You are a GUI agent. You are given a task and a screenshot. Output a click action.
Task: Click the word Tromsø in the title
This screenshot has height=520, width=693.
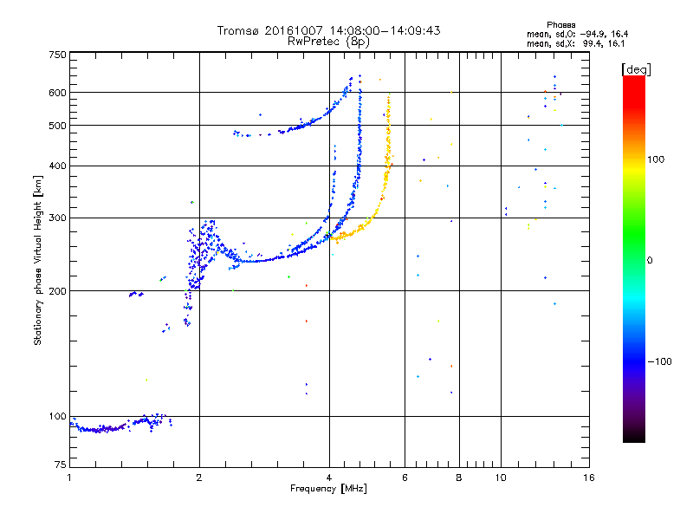(239, 30)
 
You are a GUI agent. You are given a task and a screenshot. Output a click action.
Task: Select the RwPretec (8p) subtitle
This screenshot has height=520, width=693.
(328, 42)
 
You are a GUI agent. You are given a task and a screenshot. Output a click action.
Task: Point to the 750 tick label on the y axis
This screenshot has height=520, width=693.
(57, 55)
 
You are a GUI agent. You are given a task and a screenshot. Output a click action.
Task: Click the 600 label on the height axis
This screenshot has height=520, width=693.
(57, 93)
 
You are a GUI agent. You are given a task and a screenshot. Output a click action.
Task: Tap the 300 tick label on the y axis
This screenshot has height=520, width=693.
(57, 218)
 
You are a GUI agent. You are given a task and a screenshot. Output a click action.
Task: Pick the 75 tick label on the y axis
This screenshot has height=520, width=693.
(61, 465)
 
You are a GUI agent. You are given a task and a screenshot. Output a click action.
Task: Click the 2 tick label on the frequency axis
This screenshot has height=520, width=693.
(199, 478)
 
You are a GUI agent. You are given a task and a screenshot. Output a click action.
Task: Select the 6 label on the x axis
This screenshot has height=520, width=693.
(405, 478)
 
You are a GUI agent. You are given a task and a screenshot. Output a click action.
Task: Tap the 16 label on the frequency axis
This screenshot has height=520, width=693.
(589, 478)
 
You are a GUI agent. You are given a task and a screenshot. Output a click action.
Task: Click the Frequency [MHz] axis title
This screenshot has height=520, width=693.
(328, 489)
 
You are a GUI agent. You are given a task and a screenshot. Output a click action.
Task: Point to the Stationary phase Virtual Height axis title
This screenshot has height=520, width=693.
(38, 260)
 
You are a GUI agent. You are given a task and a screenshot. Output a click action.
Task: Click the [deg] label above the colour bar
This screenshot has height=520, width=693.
(636, 69)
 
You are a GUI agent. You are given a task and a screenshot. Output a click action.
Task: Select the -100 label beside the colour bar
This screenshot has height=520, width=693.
(659, 361)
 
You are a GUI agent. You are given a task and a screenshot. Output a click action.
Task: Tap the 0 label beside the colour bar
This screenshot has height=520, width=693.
(650, 260)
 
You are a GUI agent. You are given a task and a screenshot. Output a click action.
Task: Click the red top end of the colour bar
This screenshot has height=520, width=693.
(634, 78)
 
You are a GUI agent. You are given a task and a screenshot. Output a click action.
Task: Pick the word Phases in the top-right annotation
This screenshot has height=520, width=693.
(560, 25)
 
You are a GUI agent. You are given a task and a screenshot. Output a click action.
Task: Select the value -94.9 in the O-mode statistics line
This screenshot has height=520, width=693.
(593, 34)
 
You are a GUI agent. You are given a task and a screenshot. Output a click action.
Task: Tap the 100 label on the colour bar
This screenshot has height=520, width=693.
(656, 159)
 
